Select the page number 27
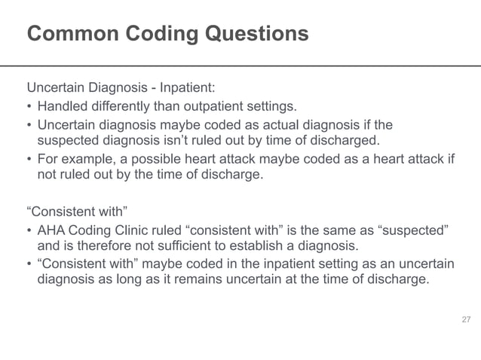click(466, 320)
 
